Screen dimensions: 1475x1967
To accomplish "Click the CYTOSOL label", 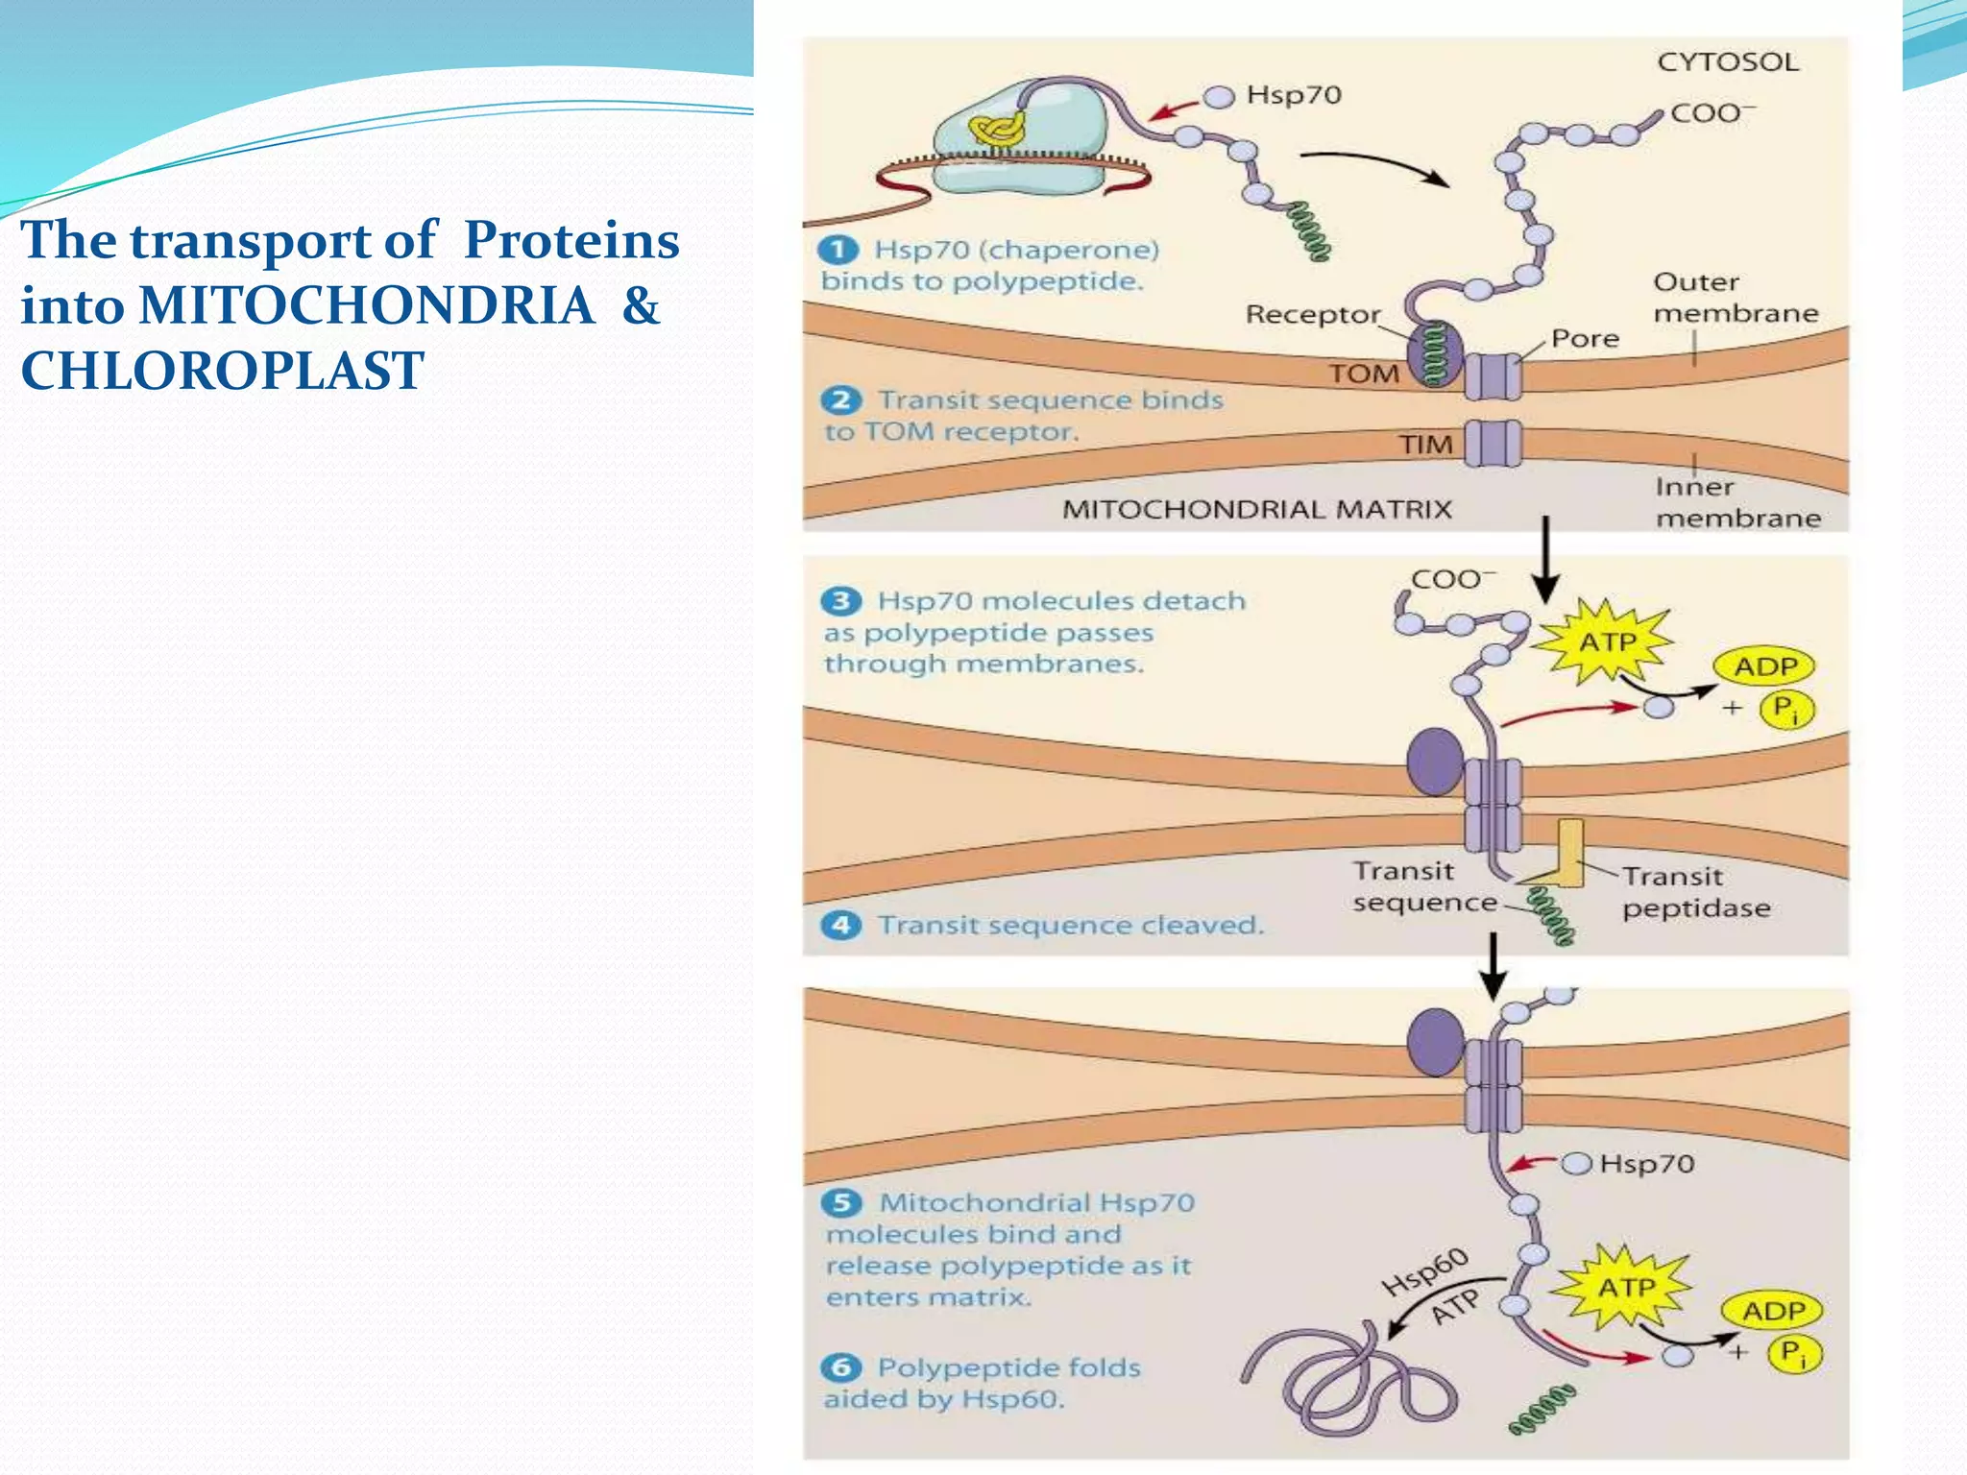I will [1727, 62].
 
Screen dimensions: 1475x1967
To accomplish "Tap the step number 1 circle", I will [838, 250].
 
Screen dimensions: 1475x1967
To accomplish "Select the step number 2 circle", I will [841, 399].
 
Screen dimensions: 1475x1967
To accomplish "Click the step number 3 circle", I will [841, 601].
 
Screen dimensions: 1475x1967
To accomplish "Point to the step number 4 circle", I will [841, 925].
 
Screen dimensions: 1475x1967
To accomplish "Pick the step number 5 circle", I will [842, 1202].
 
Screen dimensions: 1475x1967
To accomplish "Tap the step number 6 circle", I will [841, 1367].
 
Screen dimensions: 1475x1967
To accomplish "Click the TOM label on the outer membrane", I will [1363, 374].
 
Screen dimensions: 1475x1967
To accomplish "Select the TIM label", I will [1424, 445].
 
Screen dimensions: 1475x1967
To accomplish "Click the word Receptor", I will [1312, 315].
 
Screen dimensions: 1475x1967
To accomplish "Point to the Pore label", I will [1585, 339].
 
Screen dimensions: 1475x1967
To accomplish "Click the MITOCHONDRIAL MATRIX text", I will [1256, 509].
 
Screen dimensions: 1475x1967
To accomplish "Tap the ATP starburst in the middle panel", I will [1607, 641].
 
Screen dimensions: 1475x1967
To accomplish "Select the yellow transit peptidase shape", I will [1569, 853].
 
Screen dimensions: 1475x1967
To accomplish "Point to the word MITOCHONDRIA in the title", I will [366, 305].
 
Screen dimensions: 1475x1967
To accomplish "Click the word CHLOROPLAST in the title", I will [222, 371].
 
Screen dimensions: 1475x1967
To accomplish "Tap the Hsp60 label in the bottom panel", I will [1424, 1271].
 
